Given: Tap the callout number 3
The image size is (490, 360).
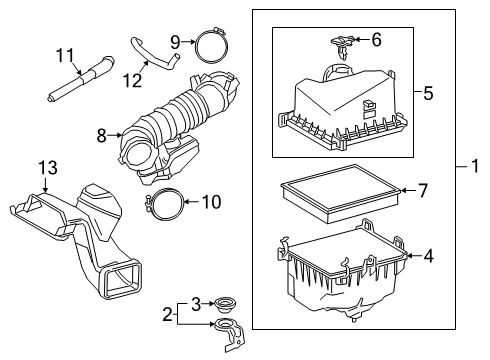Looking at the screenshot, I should click(197, 301).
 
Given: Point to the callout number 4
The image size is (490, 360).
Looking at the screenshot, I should click(427, 255).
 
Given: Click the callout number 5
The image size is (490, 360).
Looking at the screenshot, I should click(427, 94).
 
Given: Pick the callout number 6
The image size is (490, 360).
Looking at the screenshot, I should click(376, 40).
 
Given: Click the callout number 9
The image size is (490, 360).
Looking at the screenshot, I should click(174, 41).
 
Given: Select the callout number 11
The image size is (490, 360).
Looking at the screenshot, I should click(65, 54).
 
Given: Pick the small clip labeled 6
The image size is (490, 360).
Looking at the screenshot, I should click(342, 43).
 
